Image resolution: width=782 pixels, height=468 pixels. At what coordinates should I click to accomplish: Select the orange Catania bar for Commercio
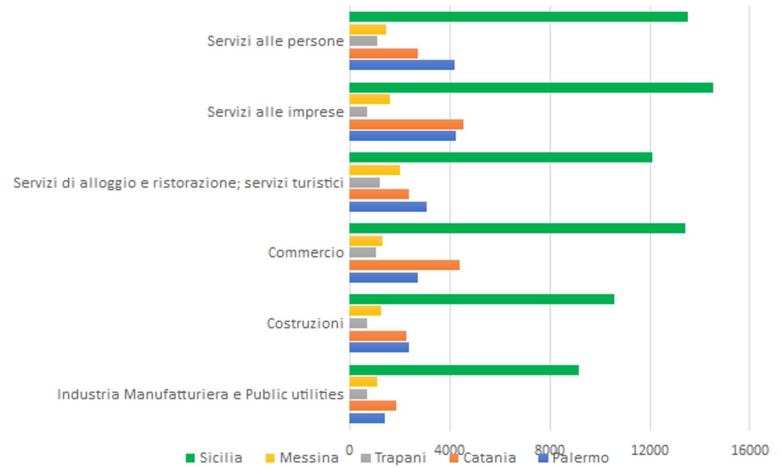click(x=404, y=265)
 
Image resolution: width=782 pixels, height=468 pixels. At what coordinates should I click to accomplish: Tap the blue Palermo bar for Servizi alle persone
click(x=402, y=65)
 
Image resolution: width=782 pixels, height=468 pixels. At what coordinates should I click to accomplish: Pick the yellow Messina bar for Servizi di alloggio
click(x=375, y=170)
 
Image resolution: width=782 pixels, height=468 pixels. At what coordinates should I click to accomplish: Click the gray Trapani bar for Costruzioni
click(x=358, y=323)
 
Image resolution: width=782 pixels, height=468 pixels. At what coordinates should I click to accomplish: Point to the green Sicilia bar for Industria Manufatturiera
click(x=464, y=370)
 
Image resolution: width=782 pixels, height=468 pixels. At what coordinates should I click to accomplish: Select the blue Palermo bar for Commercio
click(x=384, y=278)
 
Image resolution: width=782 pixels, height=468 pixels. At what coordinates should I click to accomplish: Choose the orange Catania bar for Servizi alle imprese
click(x=406, y=125)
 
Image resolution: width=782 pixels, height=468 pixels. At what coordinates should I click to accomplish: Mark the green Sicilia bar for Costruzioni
click(x=481, y=299)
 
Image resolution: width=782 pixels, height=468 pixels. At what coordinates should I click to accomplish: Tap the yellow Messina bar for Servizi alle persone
click(x=368, y=29)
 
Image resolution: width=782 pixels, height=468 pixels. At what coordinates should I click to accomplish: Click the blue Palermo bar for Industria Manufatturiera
click(x=367, y=418)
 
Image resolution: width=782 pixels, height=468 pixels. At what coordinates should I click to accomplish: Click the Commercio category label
click(x=305, y=253)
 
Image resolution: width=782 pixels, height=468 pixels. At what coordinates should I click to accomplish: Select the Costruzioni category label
click(x=305, y=324)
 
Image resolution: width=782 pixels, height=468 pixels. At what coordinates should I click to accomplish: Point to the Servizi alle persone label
click(x=275, y=41)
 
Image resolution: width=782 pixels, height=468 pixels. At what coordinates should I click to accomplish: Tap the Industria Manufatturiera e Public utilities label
click(x=200, y=394)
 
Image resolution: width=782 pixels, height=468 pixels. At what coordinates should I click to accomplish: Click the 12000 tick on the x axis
click(x=650, y=450)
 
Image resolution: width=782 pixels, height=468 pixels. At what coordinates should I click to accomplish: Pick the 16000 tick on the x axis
click(x=750, y=450)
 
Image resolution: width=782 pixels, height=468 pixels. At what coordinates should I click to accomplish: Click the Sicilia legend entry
click(x=215, y=458)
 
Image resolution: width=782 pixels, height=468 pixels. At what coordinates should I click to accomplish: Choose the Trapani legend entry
click(x=394, y=458)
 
